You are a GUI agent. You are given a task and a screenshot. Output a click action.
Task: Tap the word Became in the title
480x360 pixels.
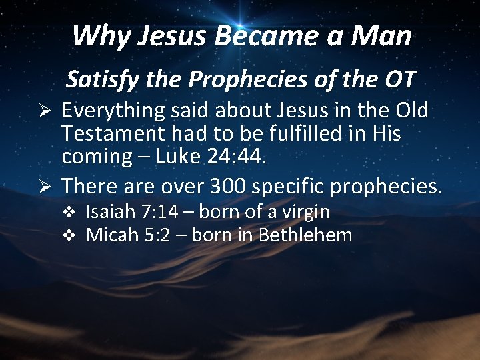(257, 35)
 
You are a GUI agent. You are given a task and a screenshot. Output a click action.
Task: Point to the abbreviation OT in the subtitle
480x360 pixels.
(397, 80)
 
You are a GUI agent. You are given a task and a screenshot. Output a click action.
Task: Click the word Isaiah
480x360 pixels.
(111, 212)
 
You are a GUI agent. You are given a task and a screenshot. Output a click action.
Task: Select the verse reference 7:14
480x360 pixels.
(159, 212)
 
